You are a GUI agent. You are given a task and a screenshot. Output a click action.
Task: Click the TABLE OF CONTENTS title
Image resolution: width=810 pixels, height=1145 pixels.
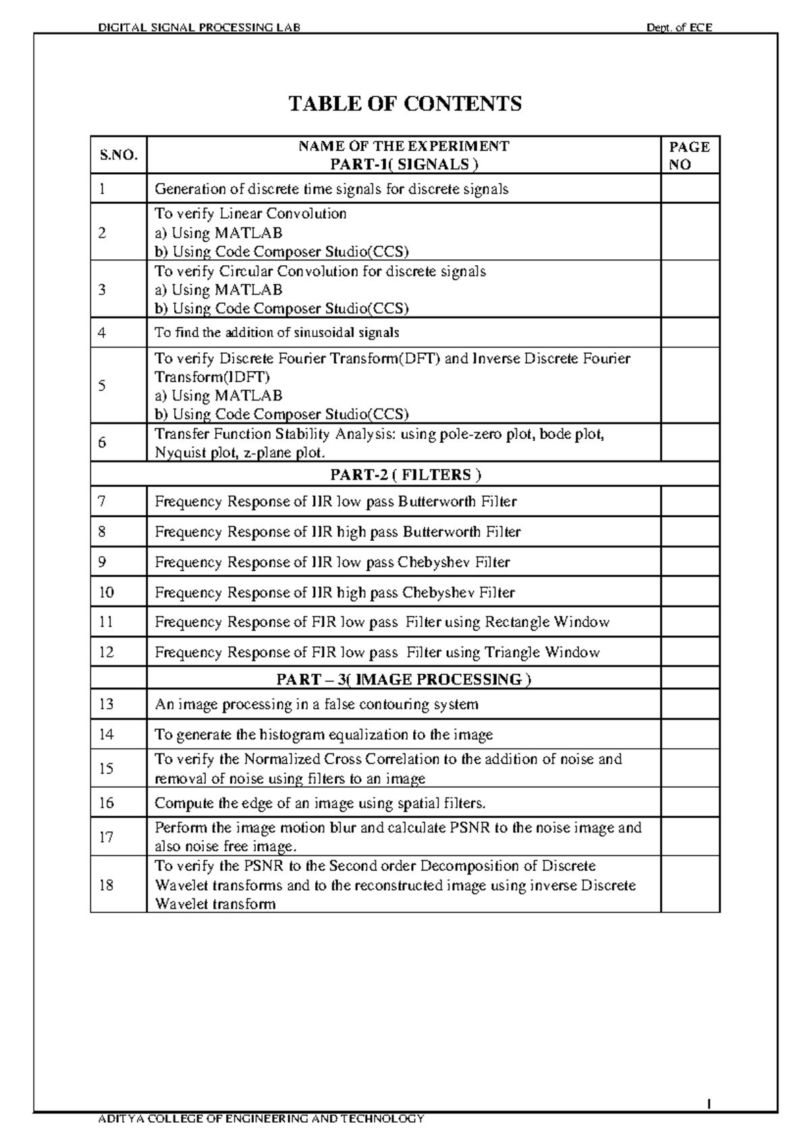(405, 104)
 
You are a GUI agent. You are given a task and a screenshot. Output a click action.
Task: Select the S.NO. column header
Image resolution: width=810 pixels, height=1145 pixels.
(119, 155)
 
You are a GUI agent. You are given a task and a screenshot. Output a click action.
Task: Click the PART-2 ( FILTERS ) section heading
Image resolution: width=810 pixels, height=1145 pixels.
(405, 475)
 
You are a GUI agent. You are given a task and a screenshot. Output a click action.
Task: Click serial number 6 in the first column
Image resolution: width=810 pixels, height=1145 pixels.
(102, 443)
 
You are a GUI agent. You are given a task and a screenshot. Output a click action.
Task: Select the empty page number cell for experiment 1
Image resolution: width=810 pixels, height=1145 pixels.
(690, 189)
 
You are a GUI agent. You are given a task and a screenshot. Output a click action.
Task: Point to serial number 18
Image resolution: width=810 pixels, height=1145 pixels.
(106, 885)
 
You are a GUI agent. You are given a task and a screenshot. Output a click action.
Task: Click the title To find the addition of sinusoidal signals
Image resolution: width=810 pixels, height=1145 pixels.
(277, 333)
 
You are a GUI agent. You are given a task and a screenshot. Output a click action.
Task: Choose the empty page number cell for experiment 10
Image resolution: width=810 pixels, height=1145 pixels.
(690, 593)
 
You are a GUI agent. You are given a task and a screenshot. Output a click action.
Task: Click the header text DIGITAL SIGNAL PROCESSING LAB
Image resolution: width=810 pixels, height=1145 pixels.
(199, 28)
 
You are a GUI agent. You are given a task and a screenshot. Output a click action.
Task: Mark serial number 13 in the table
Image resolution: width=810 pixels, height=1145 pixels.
(106, 704)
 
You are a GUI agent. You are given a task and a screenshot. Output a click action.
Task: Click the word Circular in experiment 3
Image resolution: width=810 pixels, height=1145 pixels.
(242, 271)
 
